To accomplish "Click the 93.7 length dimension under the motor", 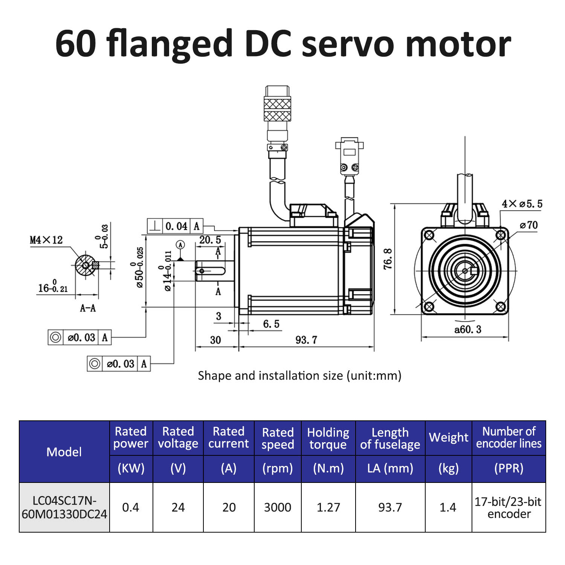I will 306,340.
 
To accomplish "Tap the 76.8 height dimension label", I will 388,259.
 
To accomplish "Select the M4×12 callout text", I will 46,240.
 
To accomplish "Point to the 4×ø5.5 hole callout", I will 522,204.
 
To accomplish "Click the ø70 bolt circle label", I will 529,225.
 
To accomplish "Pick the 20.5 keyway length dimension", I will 210,240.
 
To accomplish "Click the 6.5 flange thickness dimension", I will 271,324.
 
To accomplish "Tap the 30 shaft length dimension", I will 215,340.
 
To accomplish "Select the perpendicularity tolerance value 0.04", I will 176,226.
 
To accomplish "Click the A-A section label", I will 88,308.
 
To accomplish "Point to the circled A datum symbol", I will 181,245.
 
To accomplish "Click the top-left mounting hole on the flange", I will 429,235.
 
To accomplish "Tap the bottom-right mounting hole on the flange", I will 501,307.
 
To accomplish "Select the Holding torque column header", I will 328,438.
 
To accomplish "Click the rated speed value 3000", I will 278,507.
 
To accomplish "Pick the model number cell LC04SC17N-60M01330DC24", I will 64,507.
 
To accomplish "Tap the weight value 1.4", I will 448,507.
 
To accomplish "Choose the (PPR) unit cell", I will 508,468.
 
